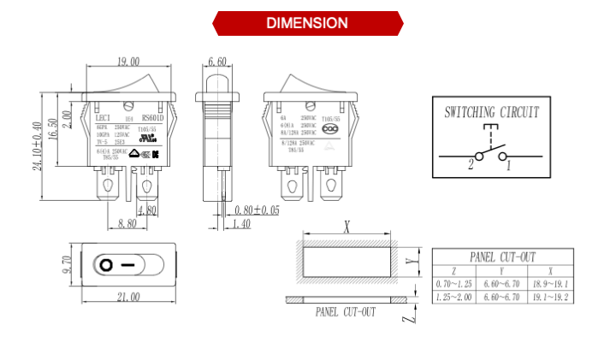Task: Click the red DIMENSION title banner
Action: click(307, 23)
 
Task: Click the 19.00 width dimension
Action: click(128, 62)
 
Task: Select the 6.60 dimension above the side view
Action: click(217, 62)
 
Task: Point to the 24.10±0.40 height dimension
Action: click(37, 145)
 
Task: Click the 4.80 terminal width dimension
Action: click(146, 210)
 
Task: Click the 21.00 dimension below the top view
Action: click(128, 296)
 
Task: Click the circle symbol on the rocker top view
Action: click(105, 264)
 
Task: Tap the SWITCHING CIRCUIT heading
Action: click(491, 112)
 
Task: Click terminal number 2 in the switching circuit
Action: click(470, 166)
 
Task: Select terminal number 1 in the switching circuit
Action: click(509, 166)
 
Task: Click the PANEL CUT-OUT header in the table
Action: click(503, 257)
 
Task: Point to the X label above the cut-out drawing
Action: click(346, 227)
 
